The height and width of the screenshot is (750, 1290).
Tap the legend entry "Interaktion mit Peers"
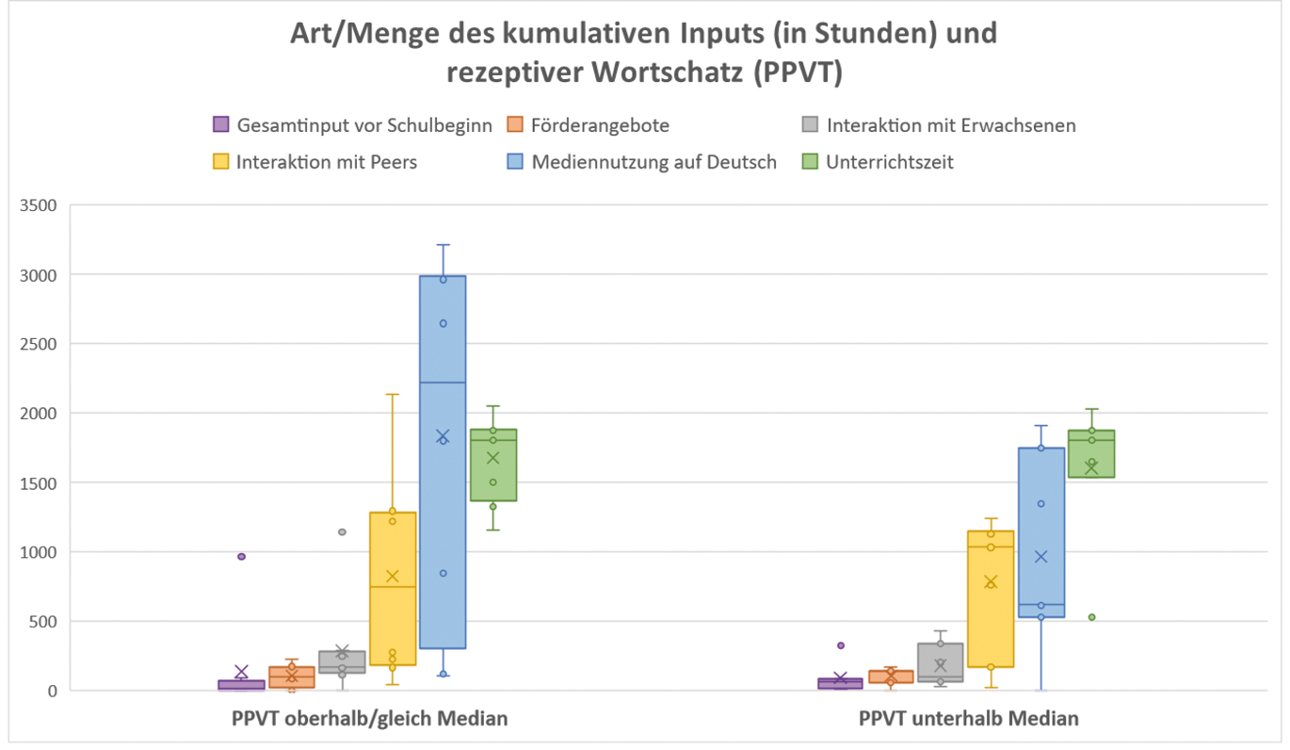click(x=326, y=162)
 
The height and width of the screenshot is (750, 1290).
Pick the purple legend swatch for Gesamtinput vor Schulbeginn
click(x=220, y=124)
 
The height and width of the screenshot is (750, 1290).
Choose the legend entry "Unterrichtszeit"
click(x=889, y=162)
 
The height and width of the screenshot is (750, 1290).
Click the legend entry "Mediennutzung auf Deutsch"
click(x=653, y=162)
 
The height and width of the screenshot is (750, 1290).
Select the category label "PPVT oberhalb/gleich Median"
click(x=370, y=719)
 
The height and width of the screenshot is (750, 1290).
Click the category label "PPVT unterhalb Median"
click(x=969, y=719)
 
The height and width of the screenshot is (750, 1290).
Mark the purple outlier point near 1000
click(x=242, y=557)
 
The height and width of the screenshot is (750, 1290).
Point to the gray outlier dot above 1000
click(x=342, y=532)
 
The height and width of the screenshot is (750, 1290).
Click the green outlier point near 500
click(x=1091, y=617)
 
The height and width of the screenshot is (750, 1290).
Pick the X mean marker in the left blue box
click(x=443, y=435)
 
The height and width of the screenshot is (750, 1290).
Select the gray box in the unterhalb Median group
click(x=941, y=660)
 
